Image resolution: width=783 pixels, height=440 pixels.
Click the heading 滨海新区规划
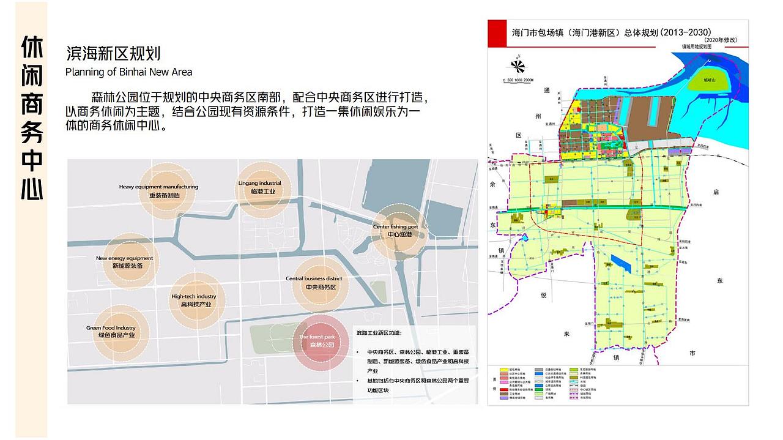pos(113,53)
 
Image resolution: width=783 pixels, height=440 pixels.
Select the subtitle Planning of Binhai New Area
pos(128,72)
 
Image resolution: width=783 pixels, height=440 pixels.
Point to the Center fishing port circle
pos(396,231)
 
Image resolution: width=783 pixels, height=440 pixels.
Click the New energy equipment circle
pos(125,262)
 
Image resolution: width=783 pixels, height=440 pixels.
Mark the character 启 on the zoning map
pos(716,192)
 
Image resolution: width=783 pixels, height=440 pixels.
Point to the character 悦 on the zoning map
pos(543,295)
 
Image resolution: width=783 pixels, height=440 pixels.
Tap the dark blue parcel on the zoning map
pos(621,264)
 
